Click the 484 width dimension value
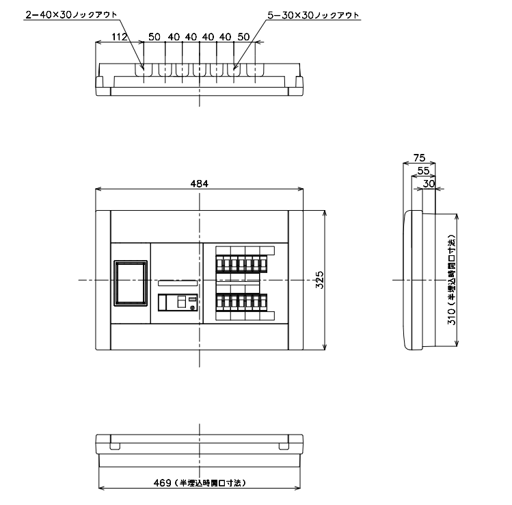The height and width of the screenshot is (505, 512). click(x=199, y=183)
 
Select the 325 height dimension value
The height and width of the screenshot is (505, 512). click(x=320, y=280)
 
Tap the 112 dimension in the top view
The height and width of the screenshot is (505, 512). click(x=119, y=36)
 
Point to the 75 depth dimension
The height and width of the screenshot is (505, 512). click(x=420, y=158)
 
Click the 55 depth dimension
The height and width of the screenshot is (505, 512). click(x=423, y=170)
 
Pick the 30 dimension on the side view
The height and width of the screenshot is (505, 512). click(x=429, y=183)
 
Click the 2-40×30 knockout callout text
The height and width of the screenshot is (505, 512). click(x=71, y=14)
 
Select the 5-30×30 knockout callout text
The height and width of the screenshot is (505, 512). click(x=313, y=15)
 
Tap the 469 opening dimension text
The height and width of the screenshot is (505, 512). click(x=200, y=483)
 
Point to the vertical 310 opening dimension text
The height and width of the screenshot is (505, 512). click(x=451, y=280)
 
